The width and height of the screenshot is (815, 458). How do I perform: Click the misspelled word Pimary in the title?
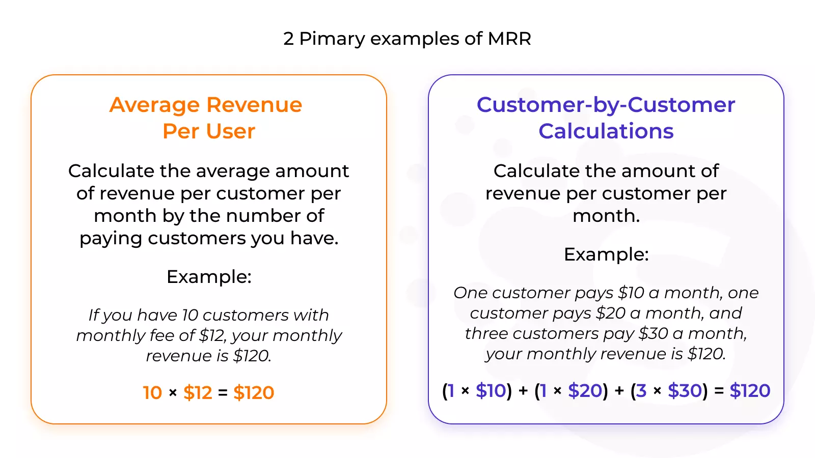coord(332,39)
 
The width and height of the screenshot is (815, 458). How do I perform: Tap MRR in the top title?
coord(509,38)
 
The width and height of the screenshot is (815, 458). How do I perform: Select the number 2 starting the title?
coord(288,39)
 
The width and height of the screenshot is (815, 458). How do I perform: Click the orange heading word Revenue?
coord(254,105)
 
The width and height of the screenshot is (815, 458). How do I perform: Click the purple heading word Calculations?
coord(606,131)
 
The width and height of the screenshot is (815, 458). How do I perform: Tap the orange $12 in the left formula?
coord(198,392)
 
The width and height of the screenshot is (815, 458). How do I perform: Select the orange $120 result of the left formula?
coord(254,392)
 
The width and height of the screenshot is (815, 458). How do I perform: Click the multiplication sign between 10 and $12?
coord(173,393)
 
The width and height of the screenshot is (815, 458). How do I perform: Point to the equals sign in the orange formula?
coord(223,393)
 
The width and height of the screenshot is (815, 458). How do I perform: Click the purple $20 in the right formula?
coord(585,391)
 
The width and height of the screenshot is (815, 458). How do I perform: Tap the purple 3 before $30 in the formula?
coord(641,391)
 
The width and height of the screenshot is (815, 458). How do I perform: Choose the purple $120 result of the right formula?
coord(750,391)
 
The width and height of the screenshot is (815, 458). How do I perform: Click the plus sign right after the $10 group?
coord(523,391)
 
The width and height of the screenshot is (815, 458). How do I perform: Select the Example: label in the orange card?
coord(209,277)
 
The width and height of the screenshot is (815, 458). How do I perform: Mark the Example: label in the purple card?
coord(606,254)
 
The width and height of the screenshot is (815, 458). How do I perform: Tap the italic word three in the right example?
coord(486,334)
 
